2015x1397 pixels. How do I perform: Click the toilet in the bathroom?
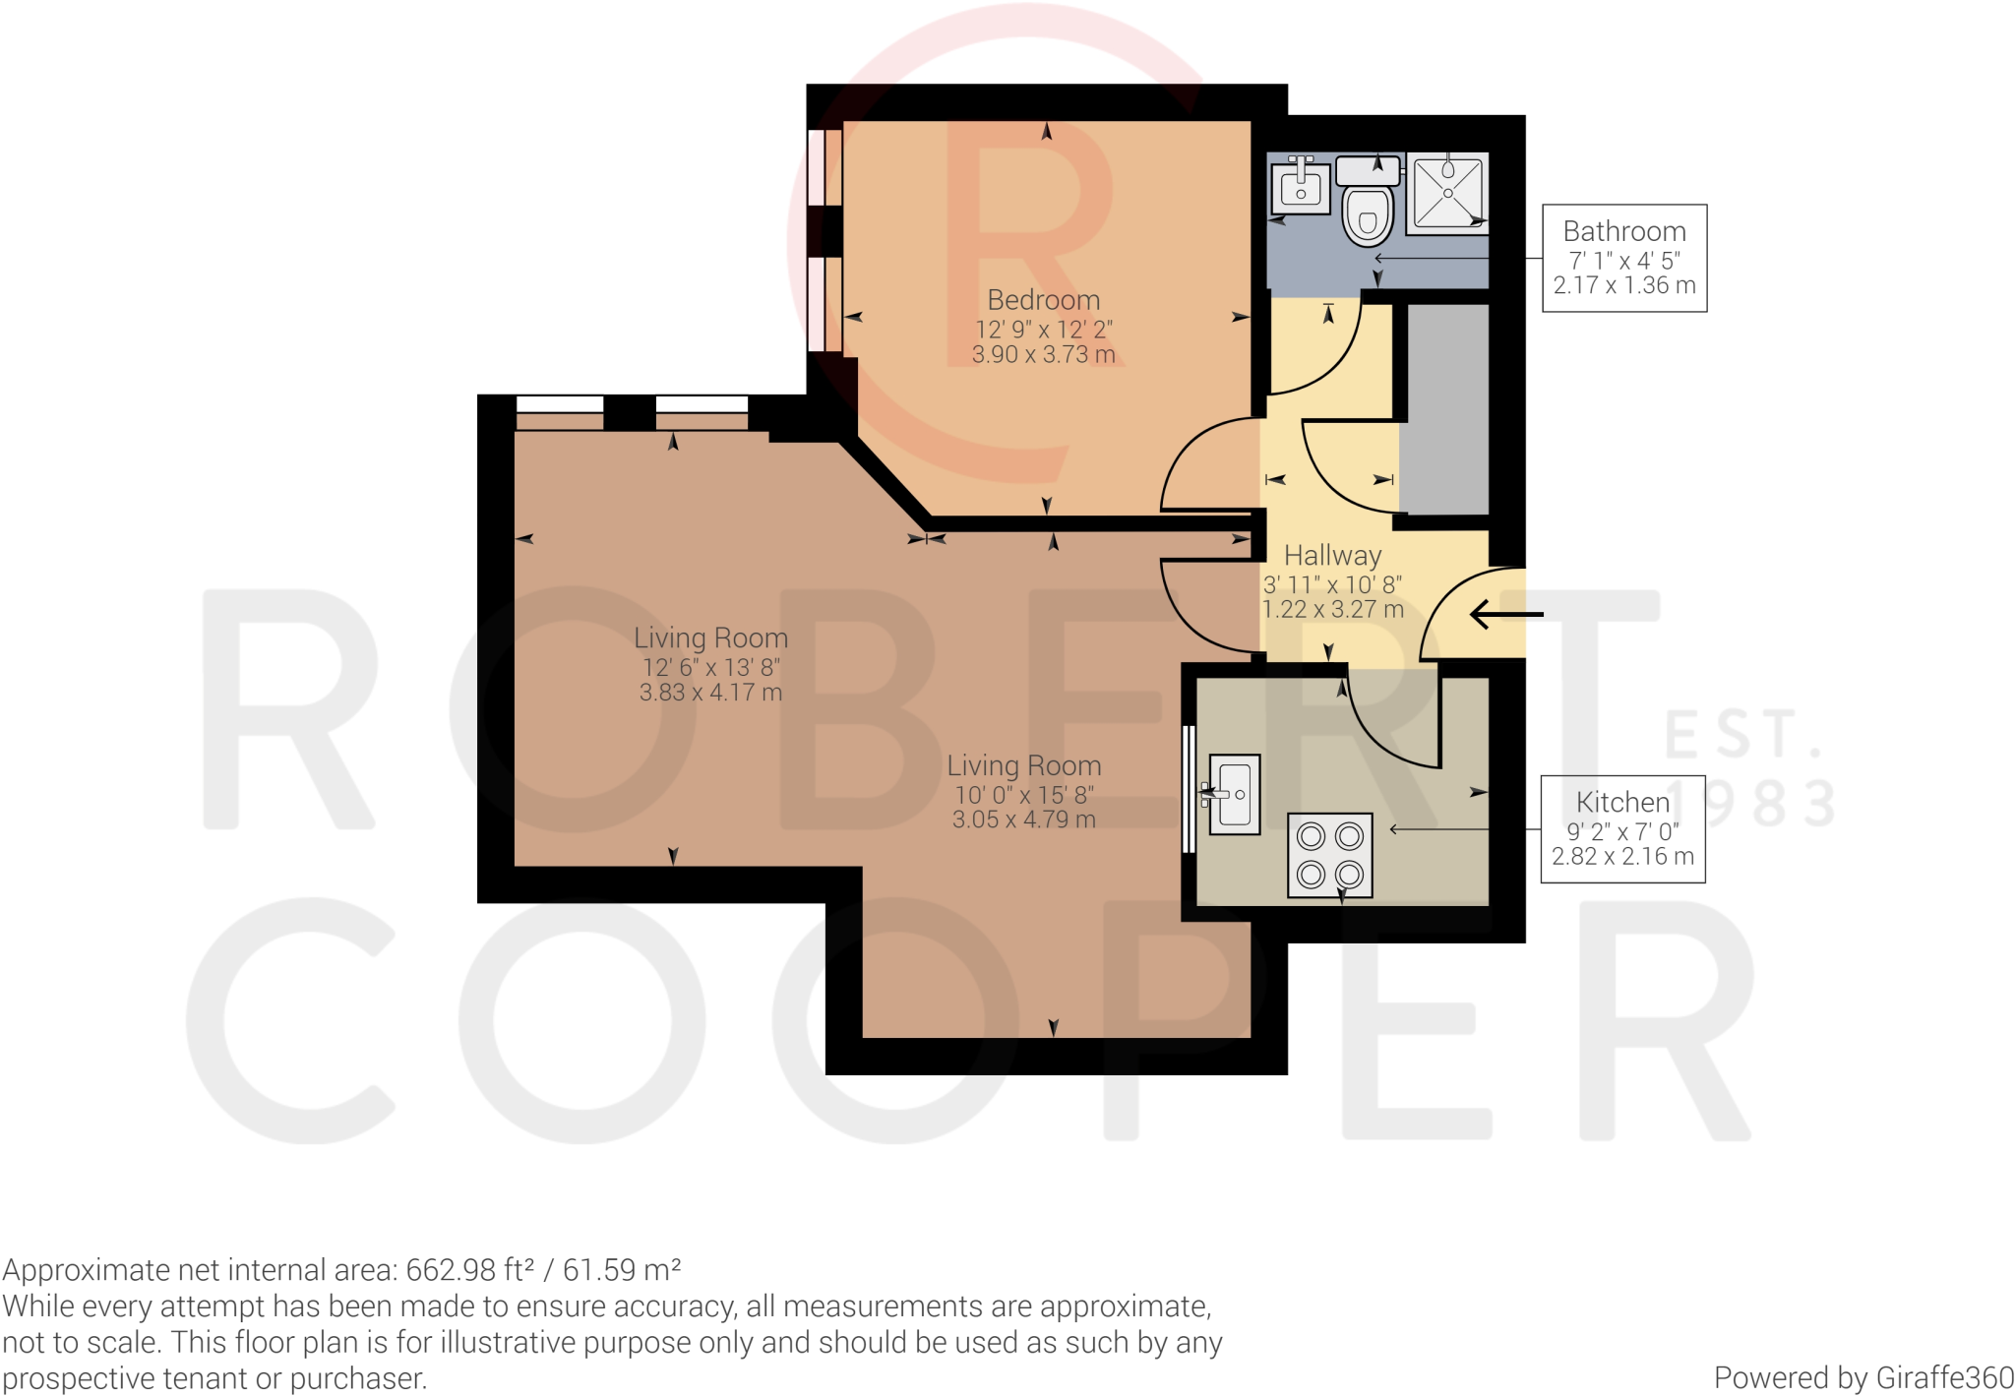[x=1368, y=201]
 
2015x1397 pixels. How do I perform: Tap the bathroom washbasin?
[x=1301, y=186]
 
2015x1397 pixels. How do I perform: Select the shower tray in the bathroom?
[x=1447, y=193]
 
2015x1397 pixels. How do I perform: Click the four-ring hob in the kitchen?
[x=1330, y=855]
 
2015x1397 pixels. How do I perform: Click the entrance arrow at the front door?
[x=1506, y=615]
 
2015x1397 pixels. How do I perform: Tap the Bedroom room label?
[x=1044, y=299]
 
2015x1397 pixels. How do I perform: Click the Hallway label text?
[x=1333, y=556]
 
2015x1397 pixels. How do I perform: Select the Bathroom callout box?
[x=1624, y=258]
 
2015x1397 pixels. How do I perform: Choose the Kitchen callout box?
[x=1622, y=829]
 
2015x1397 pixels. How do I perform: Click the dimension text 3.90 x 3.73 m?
[x=1044, y=354]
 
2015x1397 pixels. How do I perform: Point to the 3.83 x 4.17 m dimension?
[x=711, y=693]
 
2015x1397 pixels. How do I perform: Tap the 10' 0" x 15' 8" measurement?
[x=1024, y=795]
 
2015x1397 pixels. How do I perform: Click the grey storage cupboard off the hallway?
[x=1444, y=408]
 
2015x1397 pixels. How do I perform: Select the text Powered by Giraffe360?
[x=1863, y=1377]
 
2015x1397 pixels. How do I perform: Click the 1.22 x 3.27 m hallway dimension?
[x=1333, y=610]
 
